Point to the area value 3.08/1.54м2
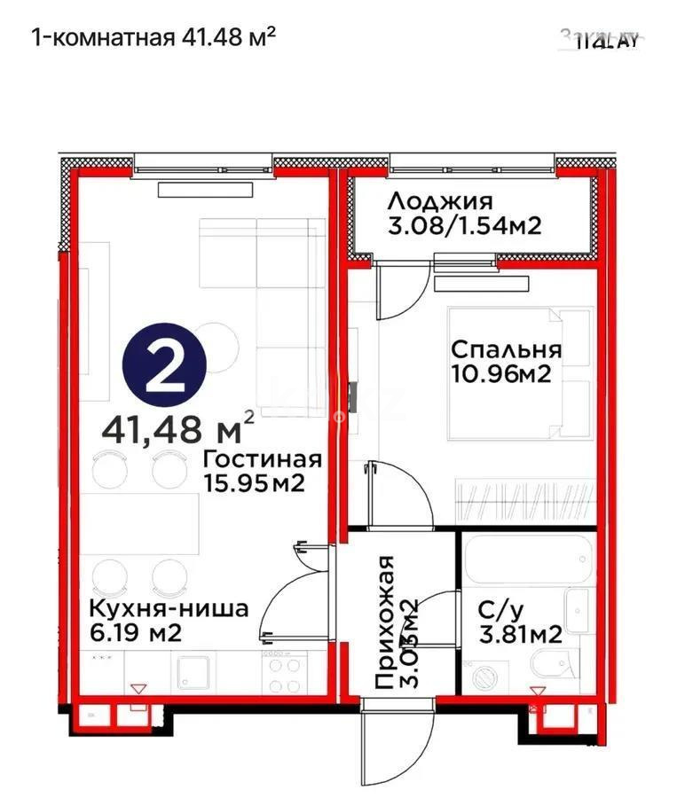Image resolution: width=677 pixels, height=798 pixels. click(x=464, y=226)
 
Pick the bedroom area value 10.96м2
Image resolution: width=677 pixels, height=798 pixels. click(x=501, y=373)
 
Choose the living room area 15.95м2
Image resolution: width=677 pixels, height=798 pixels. click(x=255, y=484)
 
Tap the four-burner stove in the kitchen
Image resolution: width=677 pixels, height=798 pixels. click(x=283, y=674)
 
